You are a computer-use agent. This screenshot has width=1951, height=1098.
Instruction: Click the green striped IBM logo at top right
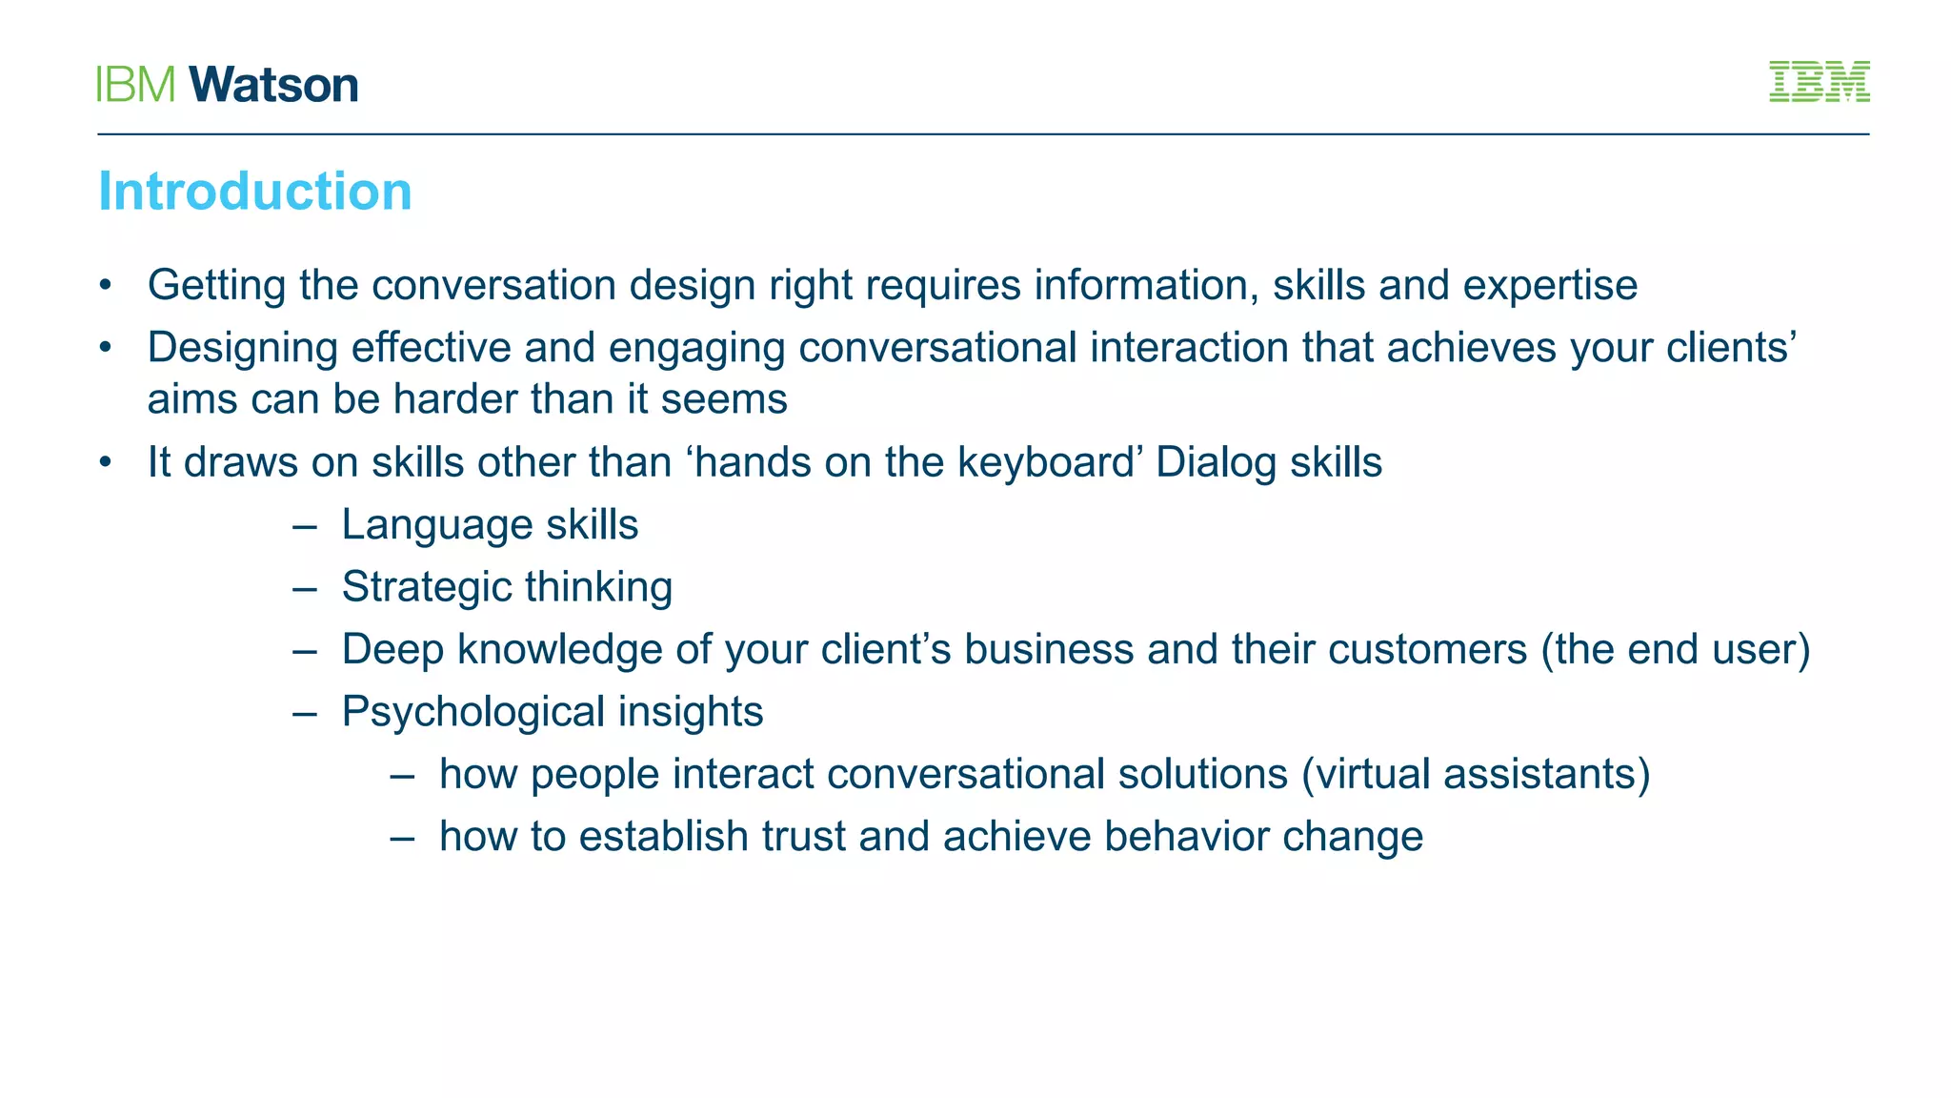(x=1819, y=82)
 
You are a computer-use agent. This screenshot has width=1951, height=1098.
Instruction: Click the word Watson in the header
(x=273, y=85)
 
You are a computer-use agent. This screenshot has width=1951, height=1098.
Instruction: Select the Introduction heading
(x=255, y=192)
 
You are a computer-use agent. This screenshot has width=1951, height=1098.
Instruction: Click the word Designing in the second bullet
(x=242, y=348)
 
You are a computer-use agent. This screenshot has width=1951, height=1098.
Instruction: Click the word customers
(x=1427, y=650)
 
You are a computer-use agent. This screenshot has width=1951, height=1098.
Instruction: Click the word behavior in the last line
(x=1186, y=837)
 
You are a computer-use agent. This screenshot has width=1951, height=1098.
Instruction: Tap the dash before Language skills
(x=305, y=526)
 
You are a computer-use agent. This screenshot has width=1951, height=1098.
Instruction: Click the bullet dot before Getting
(x=106, y=286)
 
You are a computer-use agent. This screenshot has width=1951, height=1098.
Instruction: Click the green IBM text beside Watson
(x=136, y=85)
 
